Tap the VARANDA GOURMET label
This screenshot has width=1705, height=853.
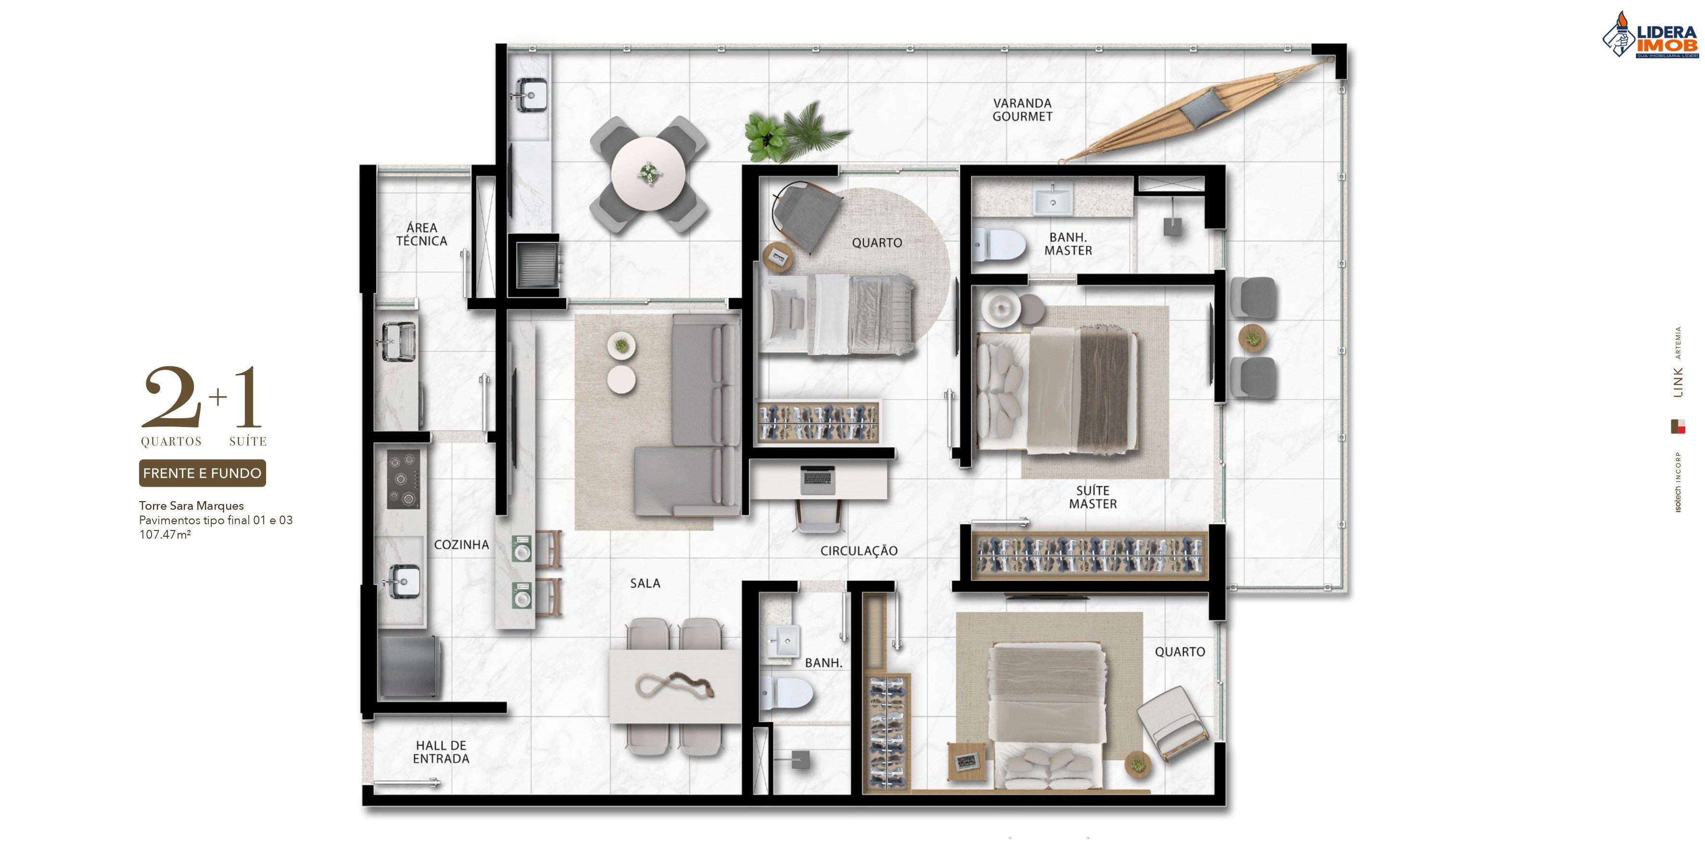point(1022,110)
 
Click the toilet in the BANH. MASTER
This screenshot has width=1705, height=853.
point(998,245)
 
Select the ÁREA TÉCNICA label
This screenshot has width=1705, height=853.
point(421,234)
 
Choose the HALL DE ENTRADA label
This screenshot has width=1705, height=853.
point(441,752)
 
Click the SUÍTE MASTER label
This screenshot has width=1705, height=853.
point(1093,497)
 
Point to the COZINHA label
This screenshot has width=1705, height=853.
point(461,545)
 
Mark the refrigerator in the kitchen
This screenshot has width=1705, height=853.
point(408,666)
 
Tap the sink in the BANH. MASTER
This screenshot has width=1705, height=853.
point(1052,199)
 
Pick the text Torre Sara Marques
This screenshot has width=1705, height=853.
point(191,506)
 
